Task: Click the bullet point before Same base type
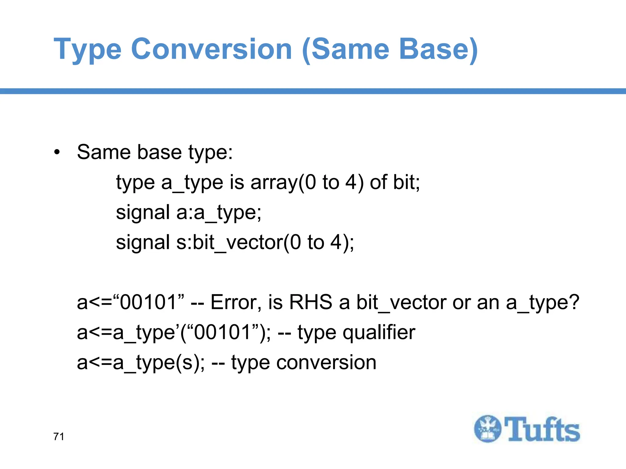pyautogui.click(x=57, y=152)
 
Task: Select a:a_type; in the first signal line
pyautogui.click(x=219, y=212)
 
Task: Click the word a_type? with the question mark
pyautogui.click(x=543, y=302)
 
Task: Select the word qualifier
pyautogui.click(x=379, y=332)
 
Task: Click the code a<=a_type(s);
pyautogui.click(x=141, y=362)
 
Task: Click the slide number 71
pyautogui.click(x=59, y=437)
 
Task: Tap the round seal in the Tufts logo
pyautogui.click(x=488, y=429)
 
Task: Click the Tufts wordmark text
pyautogui.click(x=542, y=429)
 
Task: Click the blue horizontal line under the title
pyautogui.click(x=313, y=91)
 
